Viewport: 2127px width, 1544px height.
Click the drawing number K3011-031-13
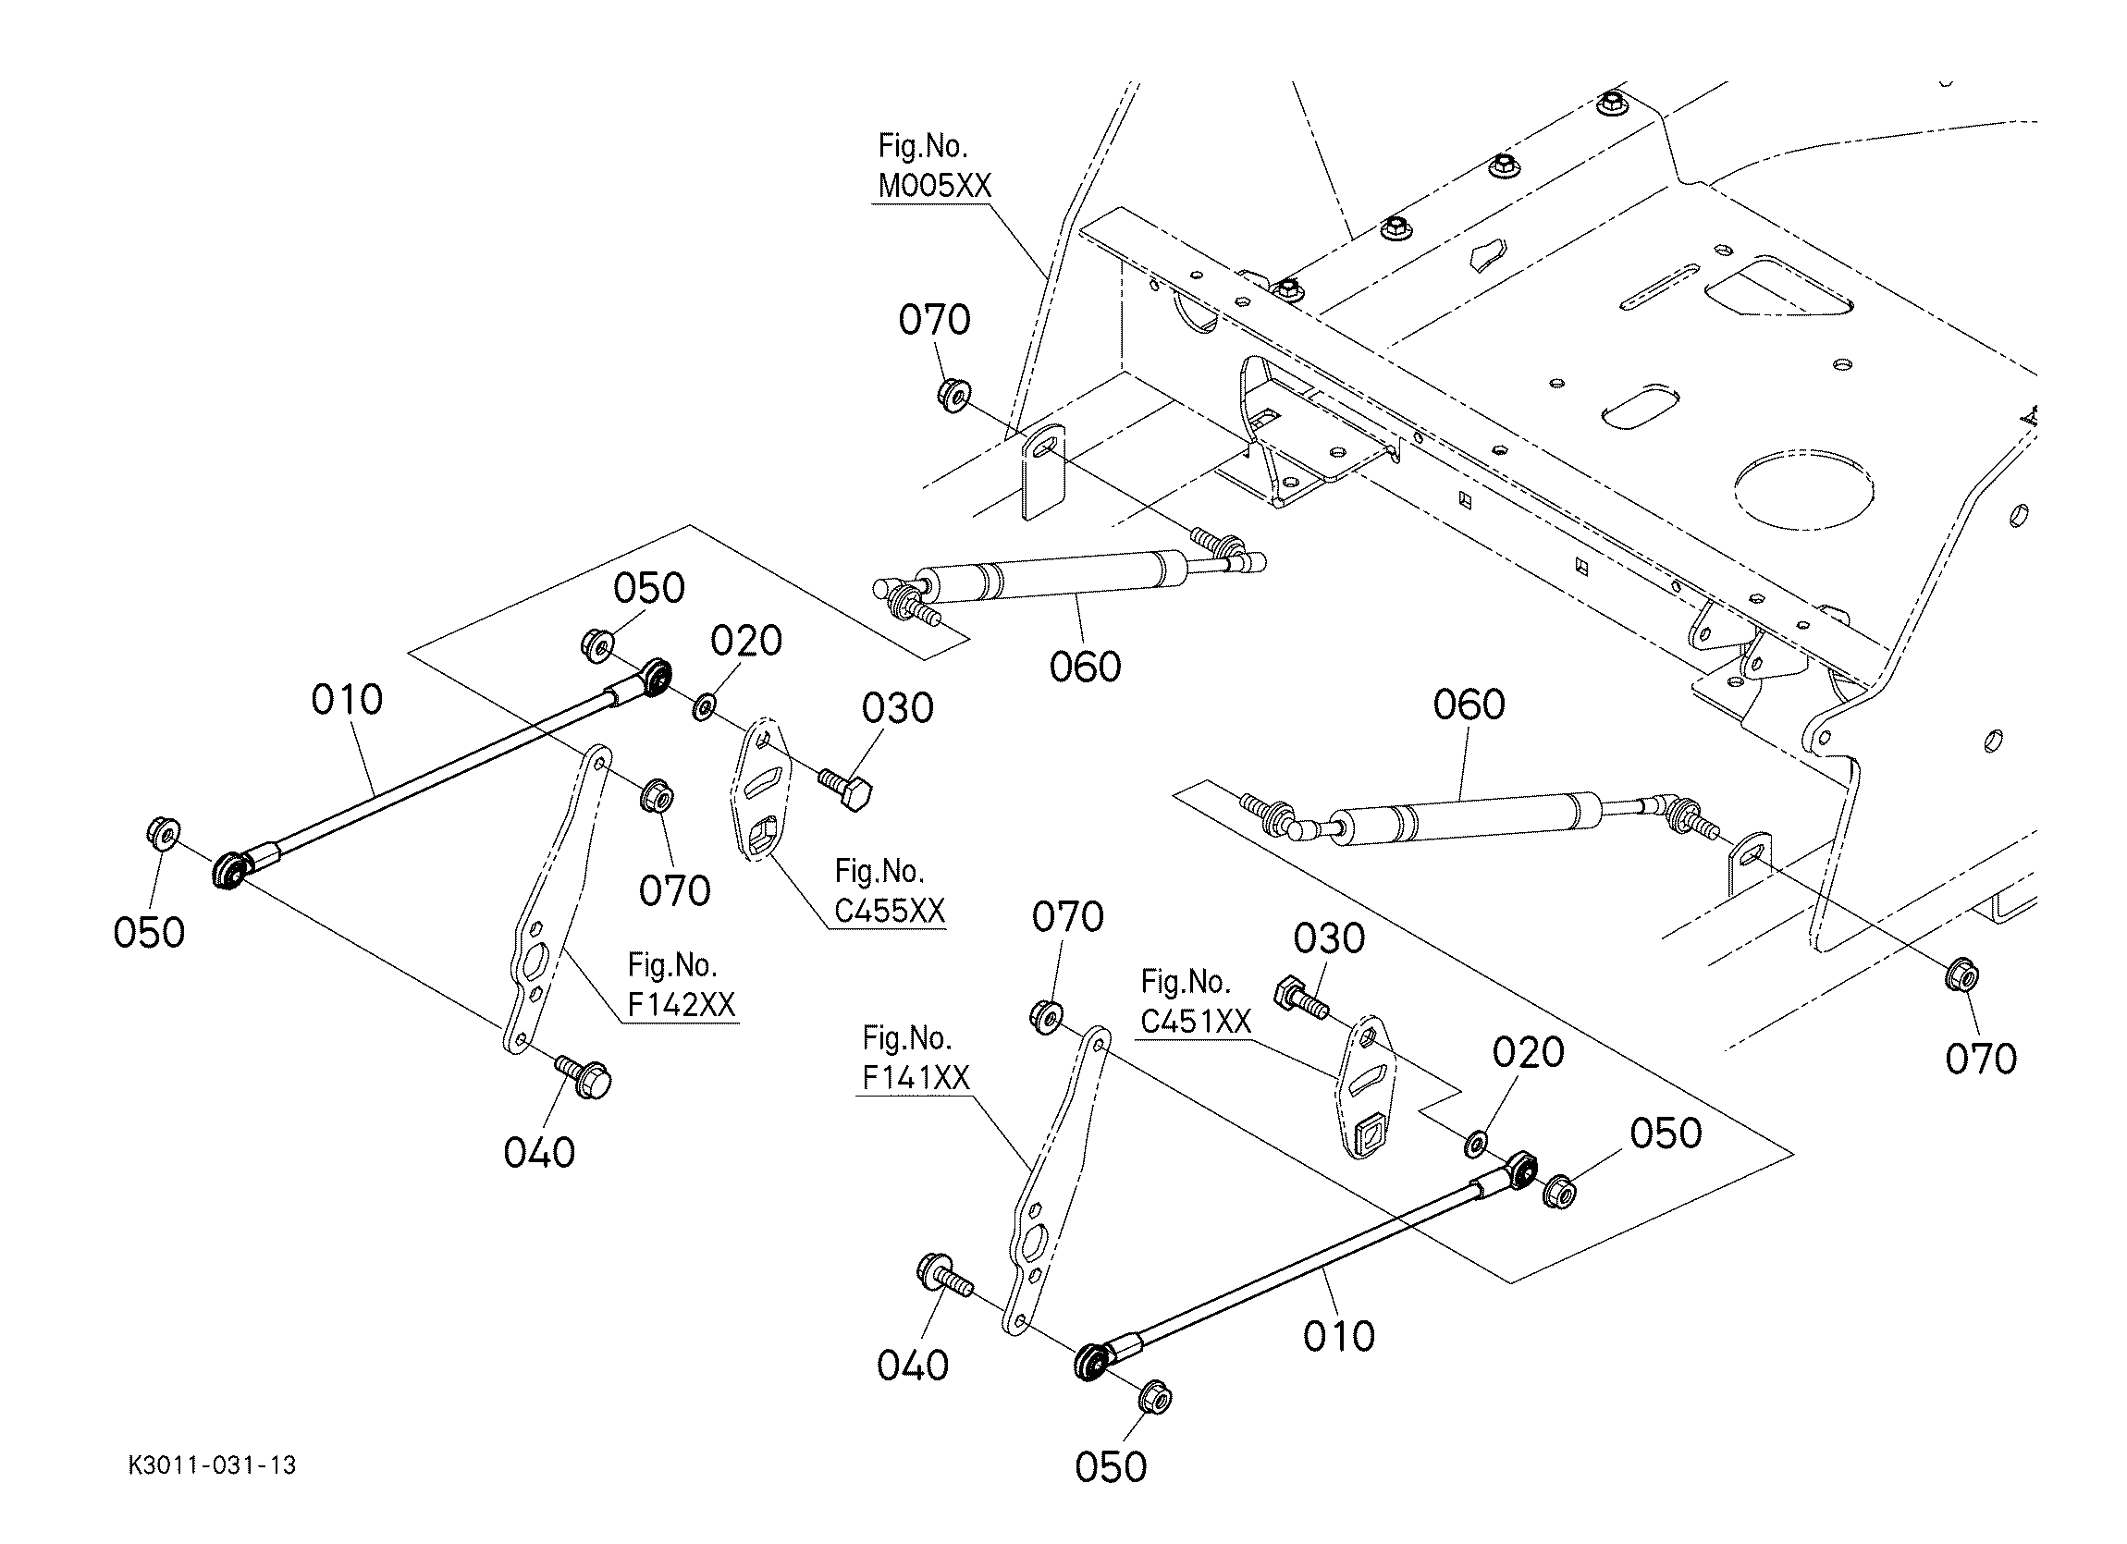click(212, 1465)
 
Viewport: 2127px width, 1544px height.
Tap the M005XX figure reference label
click(934, 166)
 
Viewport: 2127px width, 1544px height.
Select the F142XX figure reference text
click(681, 986)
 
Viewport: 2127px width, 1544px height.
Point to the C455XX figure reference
click(889, 891)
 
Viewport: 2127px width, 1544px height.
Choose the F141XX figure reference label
click(916, 1059)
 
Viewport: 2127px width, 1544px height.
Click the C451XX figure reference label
click(1196, 1001)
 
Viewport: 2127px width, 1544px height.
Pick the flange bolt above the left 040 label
click(586, 1078)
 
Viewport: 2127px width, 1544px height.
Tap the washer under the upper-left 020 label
click(703, 705)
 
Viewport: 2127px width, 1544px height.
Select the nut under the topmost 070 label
click(953, 394)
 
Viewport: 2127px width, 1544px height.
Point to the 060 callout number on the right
click(1469, 704)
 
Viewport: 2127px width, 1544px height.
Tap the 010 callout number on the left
click(347, 699)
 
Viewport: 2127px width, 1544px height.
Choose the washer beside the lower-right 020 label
click(1475, 1144)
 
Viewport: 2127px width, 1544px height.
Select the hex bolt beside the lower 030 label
click(1299, 998)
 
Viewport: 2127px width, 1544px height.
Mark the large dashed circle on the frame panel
click(1802, 488)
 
